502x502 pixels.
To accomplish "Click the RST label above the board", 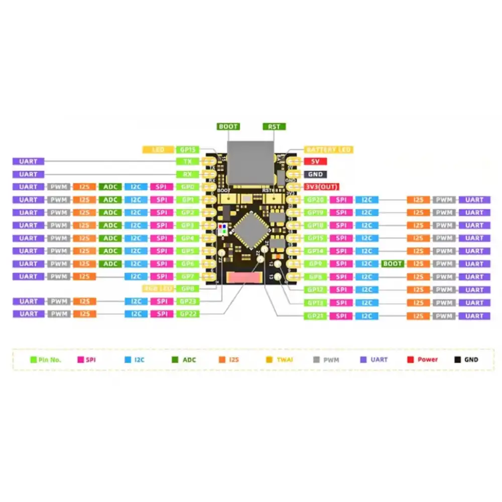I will (274, 127).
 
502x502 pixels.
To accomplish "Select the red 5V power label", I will (316, 162).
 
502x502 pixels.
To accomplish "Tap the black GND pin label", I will (316, 174).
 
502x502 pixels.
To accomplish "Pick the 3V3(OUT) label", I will (322, 187).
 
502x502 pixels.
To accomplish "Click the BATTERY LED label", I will (329, 150).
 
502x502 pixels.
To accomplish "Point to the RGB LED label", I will (158, 289).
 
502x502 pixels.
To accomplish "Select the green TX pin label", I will (187, 162).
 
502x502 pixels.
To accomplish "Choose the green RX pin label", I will (187, 174).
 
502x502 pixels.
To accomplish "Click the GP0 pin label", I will (187, 187).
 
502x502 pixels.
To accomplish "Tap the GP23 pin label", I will (187, 301).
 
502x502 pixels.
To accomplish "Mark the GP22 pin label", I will (187, 314).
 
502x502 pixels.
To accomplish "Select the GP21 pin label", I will (316, 316).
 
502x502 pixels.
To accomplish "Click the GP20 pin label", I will (316, 200).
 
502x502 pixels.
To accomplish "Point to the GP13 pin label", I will (316, 303).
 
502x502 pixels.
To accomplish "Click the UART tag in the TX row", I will (29, 162).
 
